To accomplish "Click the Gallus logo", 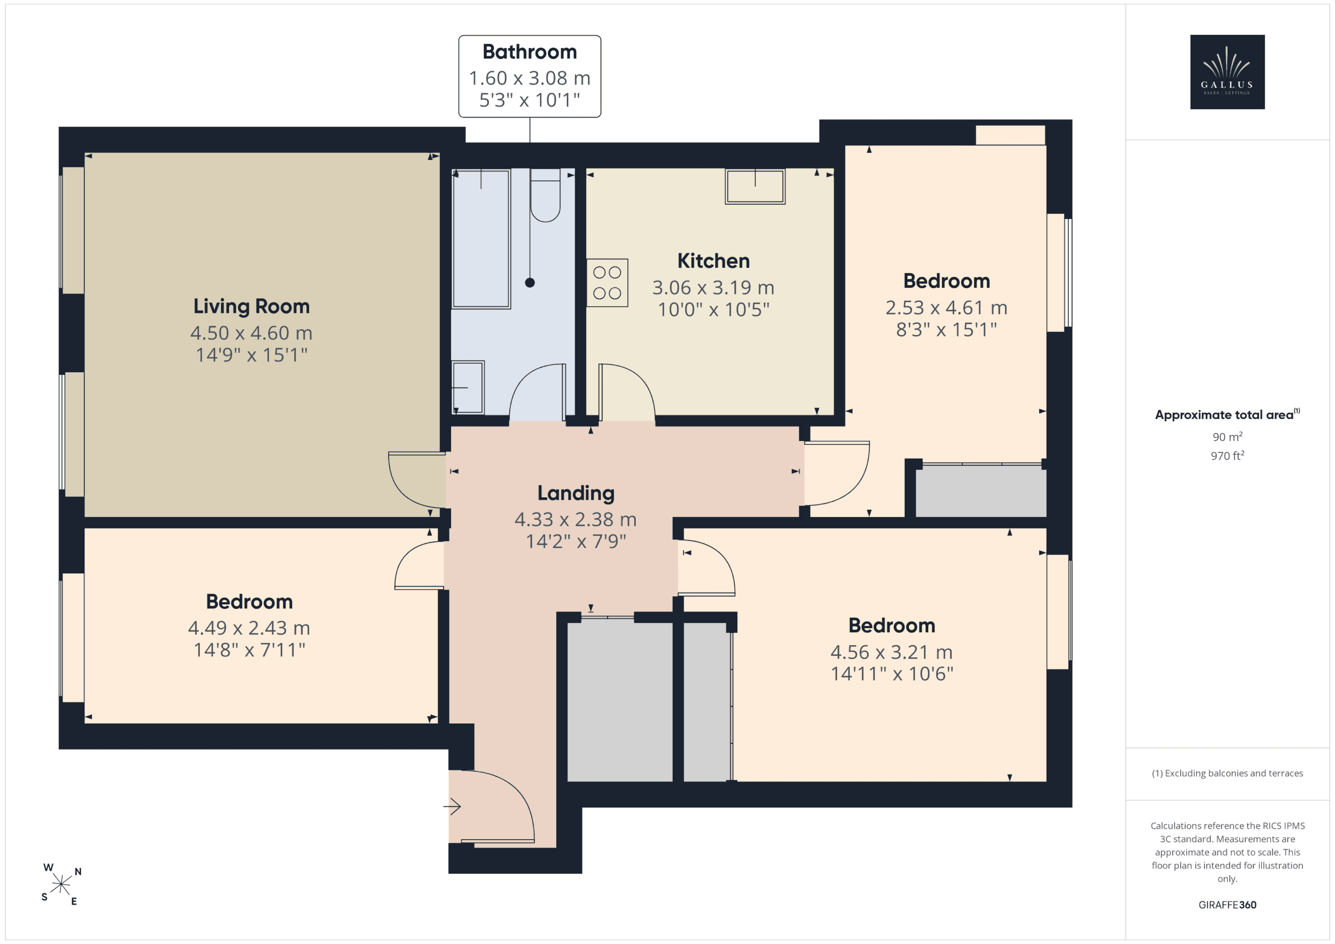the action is point(1227,71).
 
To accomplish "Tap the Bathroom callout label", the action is point(530,76).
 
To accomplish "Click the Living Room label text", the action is point(251,307).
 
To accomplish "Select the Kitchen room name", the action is point(713,261).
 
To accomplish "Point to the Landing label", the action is point(576,494).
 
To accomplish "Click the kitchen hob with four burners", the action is point(607,283).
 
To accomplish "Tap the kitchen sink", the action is point(755,186).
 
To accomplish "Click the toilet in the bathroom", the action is point(545,195).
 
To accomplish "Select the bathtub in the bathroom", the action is point(481,238).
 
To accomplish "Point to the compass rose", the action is point(61,884).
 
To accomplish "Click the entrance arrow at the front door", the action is point(452,806).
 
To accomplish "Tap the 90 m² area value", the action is point(1228,436).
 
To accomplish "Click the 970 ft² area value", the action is point(1228,456).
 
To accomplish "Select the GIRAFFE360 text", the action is point(1228,904).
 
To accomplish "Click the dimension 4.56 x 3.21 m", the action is point(891,652).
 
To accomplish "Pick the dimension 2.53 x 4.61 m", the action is point(946,308).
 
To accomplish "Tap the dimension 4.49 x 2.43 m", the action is point(249,628).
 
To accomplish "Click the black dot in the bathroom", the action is point(530,283).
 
